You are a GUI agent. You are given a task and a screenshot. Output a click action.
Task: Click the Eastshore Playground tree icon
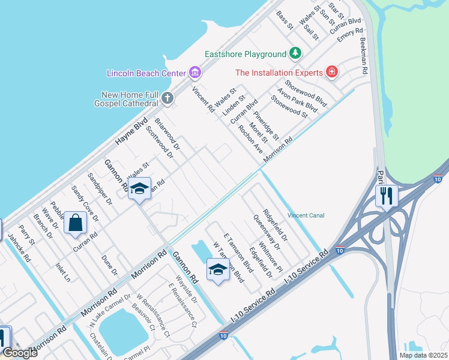(x=295, y=54)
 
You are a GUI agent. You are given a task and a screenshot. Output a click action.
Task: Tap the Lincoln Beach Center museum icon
(x=194, y=73)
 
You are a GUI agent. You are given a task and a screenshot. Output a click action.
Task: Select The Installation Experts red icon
(x=331, y=73)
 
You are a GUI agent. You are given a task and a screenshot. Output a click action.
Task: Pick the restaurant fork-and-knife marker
(x=387, y=195)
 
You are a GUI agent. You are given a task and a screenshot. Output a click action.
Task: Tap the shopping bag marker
(x=76, y=223)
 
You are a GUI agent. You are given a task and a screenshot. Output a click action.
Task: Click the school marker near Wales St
(x=139, y=188)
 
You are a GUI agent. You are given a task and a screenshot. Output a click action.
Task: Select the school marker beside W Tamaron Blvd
(x=218, y=270)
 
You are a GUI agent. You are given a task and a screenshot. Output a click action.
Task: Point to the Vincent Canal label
(x=306, y=215)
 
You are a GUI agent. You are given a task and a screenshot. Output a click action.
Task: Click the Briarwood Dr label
(x=167, y=133)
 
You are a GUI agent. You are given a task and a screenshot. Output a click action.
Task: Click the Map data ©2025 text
(x=423, y=355)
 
